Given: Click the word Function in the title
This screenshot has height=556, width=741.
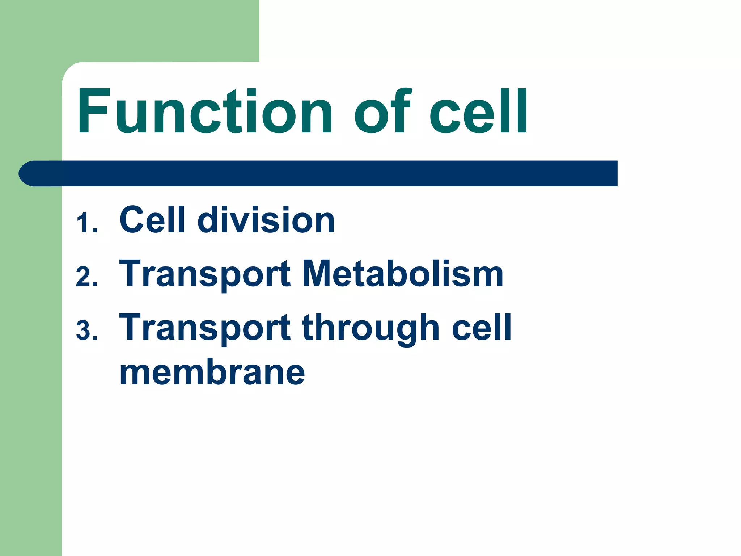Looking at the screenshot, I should (x=204, y=111).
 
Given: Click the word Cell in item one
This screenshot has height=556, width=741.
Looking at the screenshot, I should (x=152, y=219).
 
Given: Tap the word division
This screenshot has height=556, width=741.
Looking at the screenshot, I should (x=266, y=219).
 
